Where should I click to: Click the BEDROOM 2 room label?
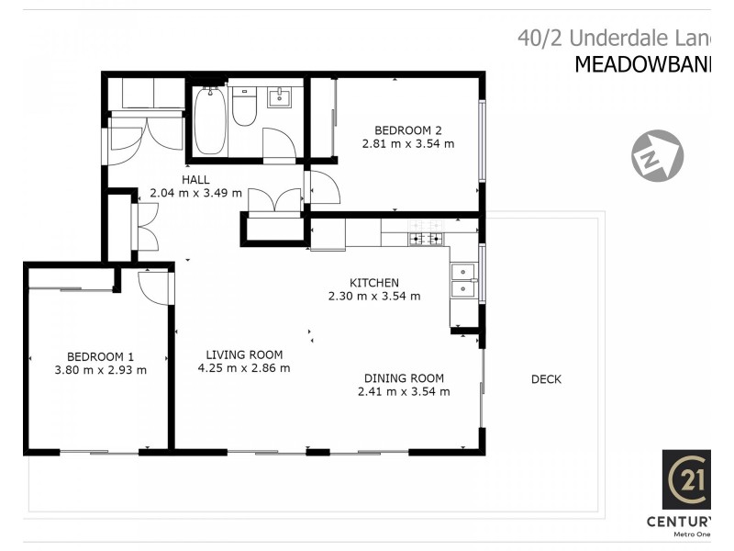(408, 129)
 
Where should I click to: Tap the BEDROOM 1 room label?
(100, 356)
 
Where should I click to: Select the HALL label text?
(195, 179)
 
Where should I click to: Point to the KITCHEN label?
(373, 282)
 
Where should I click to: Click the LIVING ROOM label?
(244, 354)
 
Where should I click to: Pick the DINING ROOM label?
(404, 377)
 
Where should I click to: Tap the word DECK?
(546, 379)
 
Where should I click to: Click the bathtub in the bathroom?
(210, 120)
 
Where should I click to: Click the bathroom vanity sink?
(279, 97)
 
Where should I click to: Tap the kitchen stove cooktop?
(426, 239)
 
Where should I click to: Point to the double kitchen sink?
(463, 280)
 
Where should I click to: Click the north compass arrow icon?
(657, 155)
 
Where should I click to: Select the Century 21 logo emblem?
(689, 479)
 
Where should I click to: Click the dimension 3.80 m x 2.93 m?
(100, 370)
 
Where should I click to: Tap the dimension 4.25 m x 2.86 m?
(244, 368)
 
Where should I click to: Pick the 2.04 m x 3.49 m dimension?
(195, 193)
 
